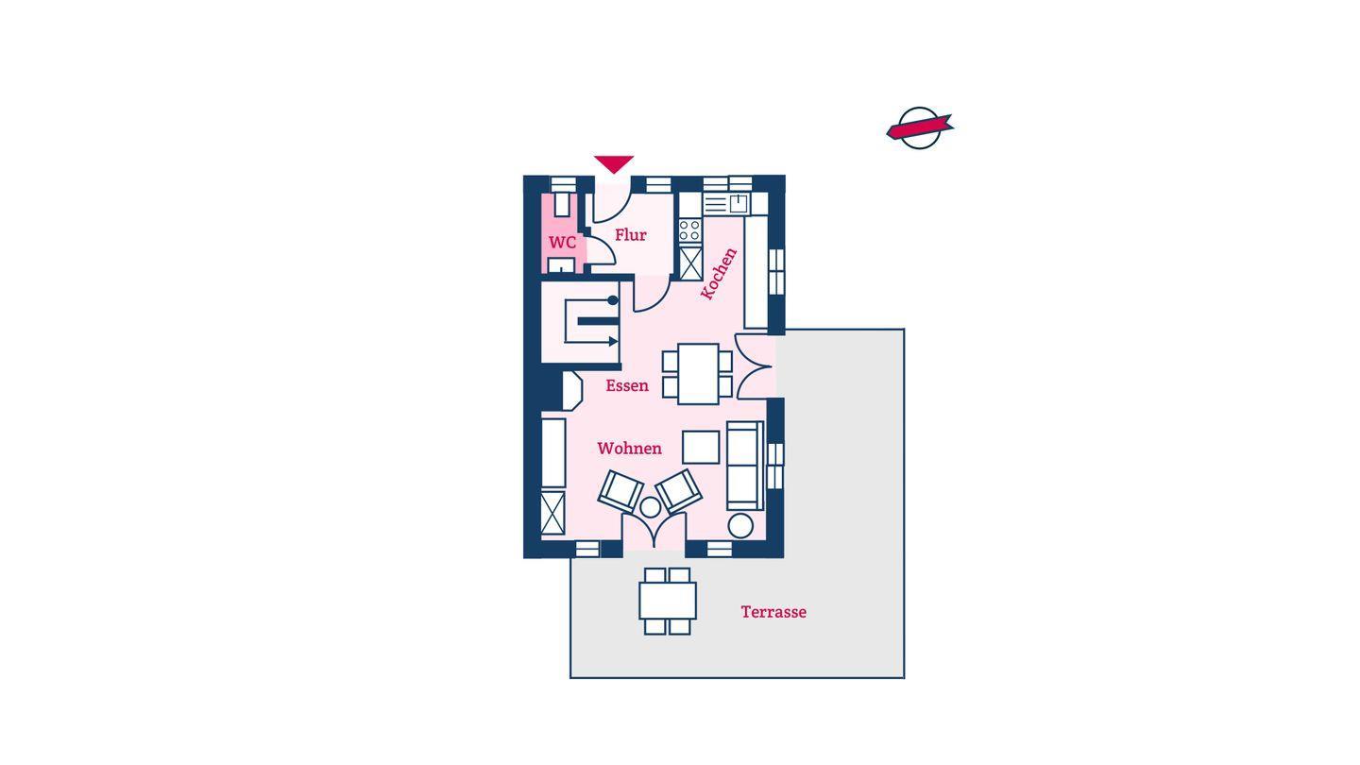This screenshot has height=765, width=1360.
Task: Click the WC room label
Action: (x=562, y=243)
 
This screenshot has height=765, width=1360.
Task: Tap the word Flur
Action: (x=631, y=235)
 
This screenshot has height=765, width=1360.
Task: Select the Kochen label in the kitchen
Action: (x=719, y=274)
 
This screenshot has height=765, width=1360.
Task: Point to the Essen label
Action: (x=627, y=385)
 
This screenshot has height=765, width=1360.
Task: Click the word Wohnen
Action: (x=630, y=449)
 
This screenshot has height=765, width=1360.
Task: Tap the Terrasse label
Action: (x=773, y=612)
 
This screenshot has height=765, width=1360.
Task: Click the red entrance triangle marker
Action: (x=614, y=164)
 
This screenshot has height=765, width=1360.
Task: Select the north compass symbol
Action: (x=920, y=128)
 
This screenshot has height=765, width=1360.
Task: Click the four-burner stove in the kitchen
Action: (x=690, y=230)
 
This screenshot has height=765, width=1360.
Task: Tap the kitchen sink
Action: (x=739, y=203)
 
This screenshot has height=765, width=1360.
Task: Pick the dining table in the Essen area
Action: (x=698, y=374)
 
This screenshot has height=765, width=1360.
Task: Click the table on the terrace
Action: (x=667, y=601)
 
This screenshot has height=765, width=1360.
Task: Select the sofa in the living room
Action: (x=745, y=466)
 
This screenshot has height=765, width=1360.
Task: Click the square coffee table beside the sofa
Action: (x=701, y=448)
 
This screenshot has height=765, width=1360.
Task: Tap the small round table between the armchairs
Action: (x=650, y=507)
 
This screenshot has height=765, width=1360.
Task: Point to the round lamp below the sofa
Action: (x=740, y=526)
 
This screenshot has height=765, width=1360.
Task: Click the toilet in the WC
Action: (x=562, y=204)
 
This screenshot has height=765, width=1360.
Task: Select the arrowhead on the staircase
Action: (x=613, y=342)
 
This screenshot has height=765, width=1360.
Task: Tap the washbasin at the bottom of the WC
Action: (x=562, y=266)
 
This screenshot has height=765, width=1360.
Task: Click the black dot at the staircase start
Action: (x=613, y=300)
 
